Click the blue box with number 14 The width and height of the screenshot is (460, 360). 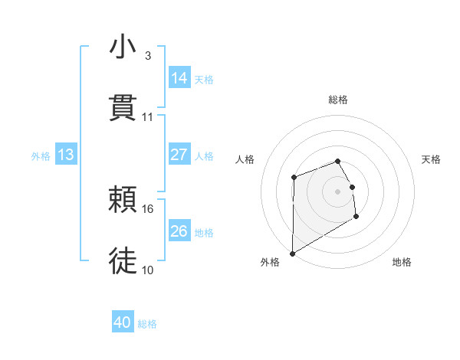tap(179, 78)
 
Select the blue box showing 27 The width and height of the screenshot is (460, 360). tap(179, 155)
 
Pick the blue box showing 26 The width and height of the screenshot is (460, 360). tap(179, 231)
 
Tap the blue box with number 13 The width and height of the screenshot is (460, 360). tap(66, 155)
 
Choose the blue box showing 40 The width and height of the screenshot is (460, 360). tap(123, 323)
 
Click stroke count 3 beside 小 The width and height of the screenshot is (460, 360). tap(148, 56)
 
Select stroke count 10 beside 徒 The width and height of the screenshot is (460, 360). tap(148, 270)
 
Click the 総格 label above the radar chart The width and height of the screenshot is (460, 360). tap(338, 100)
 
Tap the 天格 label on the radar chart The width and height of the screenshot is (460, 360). tap(432, 159)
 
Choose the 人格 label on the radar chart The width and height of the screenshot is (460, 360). tap(245, 159)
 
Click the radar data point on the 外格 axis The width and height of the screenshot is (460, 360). tap(292, 253)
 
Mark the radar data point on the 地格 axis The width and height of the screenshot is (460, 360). tap(356, 217)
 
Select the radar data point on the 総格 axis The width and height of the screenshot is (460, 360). tap(338, 161)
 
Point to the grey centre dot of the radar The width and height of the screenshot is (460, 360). tap(338, 191)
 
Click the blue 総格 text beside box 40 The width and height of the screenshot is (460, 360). tap(147, 324)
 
